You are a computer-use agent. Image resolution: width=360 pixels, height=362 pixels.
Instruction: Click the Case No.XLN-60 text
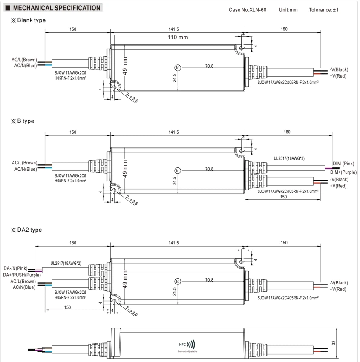247,10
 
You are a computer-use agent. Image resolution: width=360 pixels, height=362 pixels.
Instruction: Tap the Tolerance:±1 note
323,10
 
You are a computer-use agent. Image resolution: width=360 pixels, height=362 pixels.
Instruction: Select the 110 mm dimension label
178,37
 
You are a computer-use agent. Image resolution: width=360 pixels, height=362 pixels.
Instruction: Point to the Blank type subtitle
29,20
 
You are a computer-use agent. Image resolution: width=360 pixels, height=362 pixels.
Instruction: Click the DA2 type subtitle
26,230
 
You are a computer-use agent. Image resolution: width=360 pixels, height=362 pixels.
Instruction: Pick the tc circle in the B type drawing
177,171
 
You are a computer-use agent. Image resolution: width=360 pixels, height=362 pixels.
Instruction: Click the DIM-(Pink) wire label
343,164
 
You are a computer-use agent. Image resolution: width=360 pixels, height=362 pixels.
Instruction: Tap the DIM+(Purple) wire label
343,172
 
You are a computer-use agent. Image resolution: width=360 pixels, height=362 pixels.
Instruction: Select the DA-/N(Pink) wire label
15,268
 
